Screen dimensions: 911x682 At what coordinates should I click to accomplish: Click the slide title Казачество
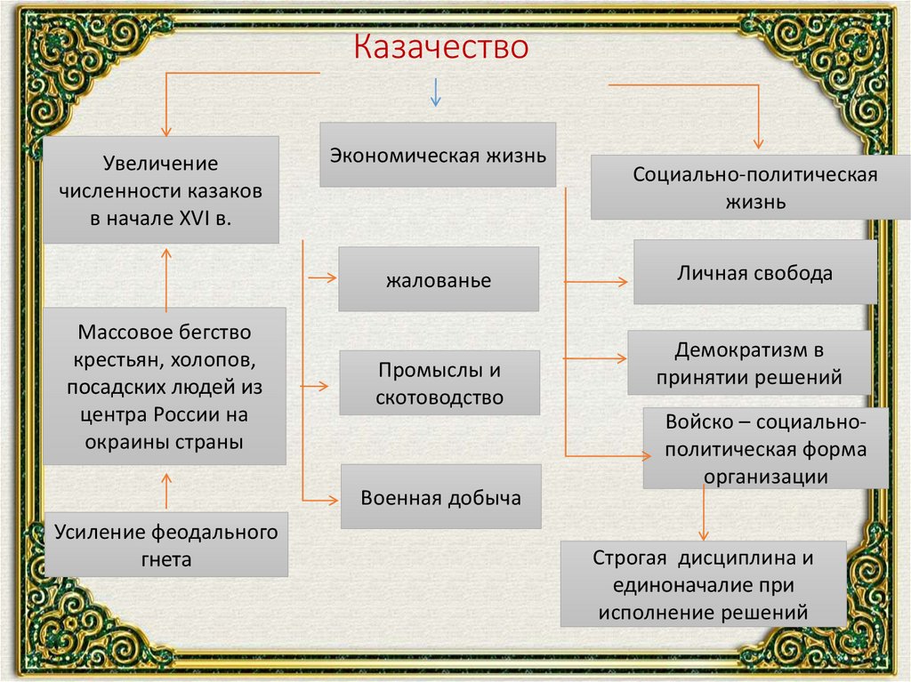(442, 46)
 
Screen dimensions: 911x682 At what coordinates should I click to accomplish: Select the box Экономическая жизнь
(438, 155)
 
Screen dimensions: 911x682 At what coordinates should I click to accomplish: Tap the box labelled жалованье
(439, 280)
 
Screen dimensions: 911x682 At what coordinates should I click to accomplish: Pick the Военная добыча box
(440, 497)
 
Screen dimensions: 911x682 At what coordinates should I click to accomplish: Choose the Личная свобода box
(754, 273)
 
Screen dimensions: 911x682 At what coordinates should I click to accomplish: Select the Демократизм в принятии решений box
(748, 362)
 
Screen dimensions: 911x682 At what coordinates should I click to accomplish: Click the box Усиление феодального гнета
(166, 544)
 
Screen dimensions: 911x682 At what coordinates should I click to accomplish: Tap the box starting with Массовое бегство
(165, 387)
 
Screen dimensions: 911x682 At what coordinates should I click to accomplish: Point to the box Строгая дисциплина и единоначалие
(703, 584)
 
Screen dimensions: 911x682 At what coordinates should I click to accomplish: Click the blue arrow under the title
(435, 92)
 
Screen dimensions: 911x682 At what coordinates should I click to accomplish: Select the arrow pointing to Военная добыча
(321, 498)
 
